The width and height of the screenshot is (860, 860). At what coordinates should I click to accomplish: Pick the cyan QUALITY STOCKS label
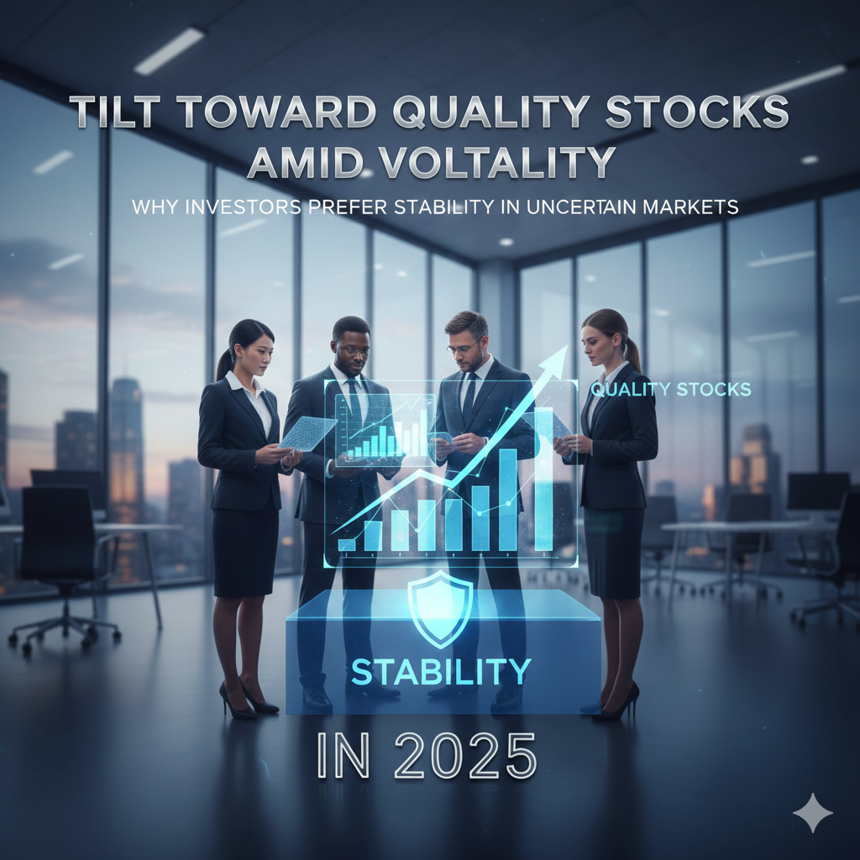coord(670,390)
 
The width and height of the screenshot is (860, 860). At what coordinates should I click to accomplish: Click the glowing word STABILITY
coord(441,672)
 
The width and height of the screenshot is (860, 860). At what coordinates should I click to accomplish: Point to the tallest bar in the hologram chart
coord(543,479)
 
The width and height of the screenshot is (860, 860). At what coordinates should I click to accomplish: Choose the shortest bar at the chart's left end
coord(347,544)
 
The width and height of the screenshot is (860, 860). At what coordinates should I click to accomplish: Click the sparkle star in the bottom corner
coord(812,812)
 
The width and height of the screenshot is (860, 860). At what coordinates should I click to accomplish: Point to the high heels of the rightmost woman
coord(617,703)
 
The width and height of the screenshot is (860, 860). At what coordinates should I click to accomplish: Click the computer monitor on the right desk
coord(817,490)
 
